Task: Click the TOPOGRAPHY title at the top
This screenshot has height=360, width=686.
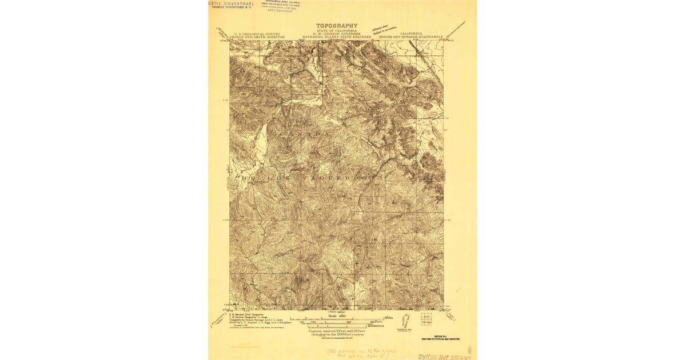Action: [337, 26]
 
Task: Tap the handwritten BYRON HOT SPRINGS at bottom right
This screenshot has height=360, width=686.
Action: [444, 356]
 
